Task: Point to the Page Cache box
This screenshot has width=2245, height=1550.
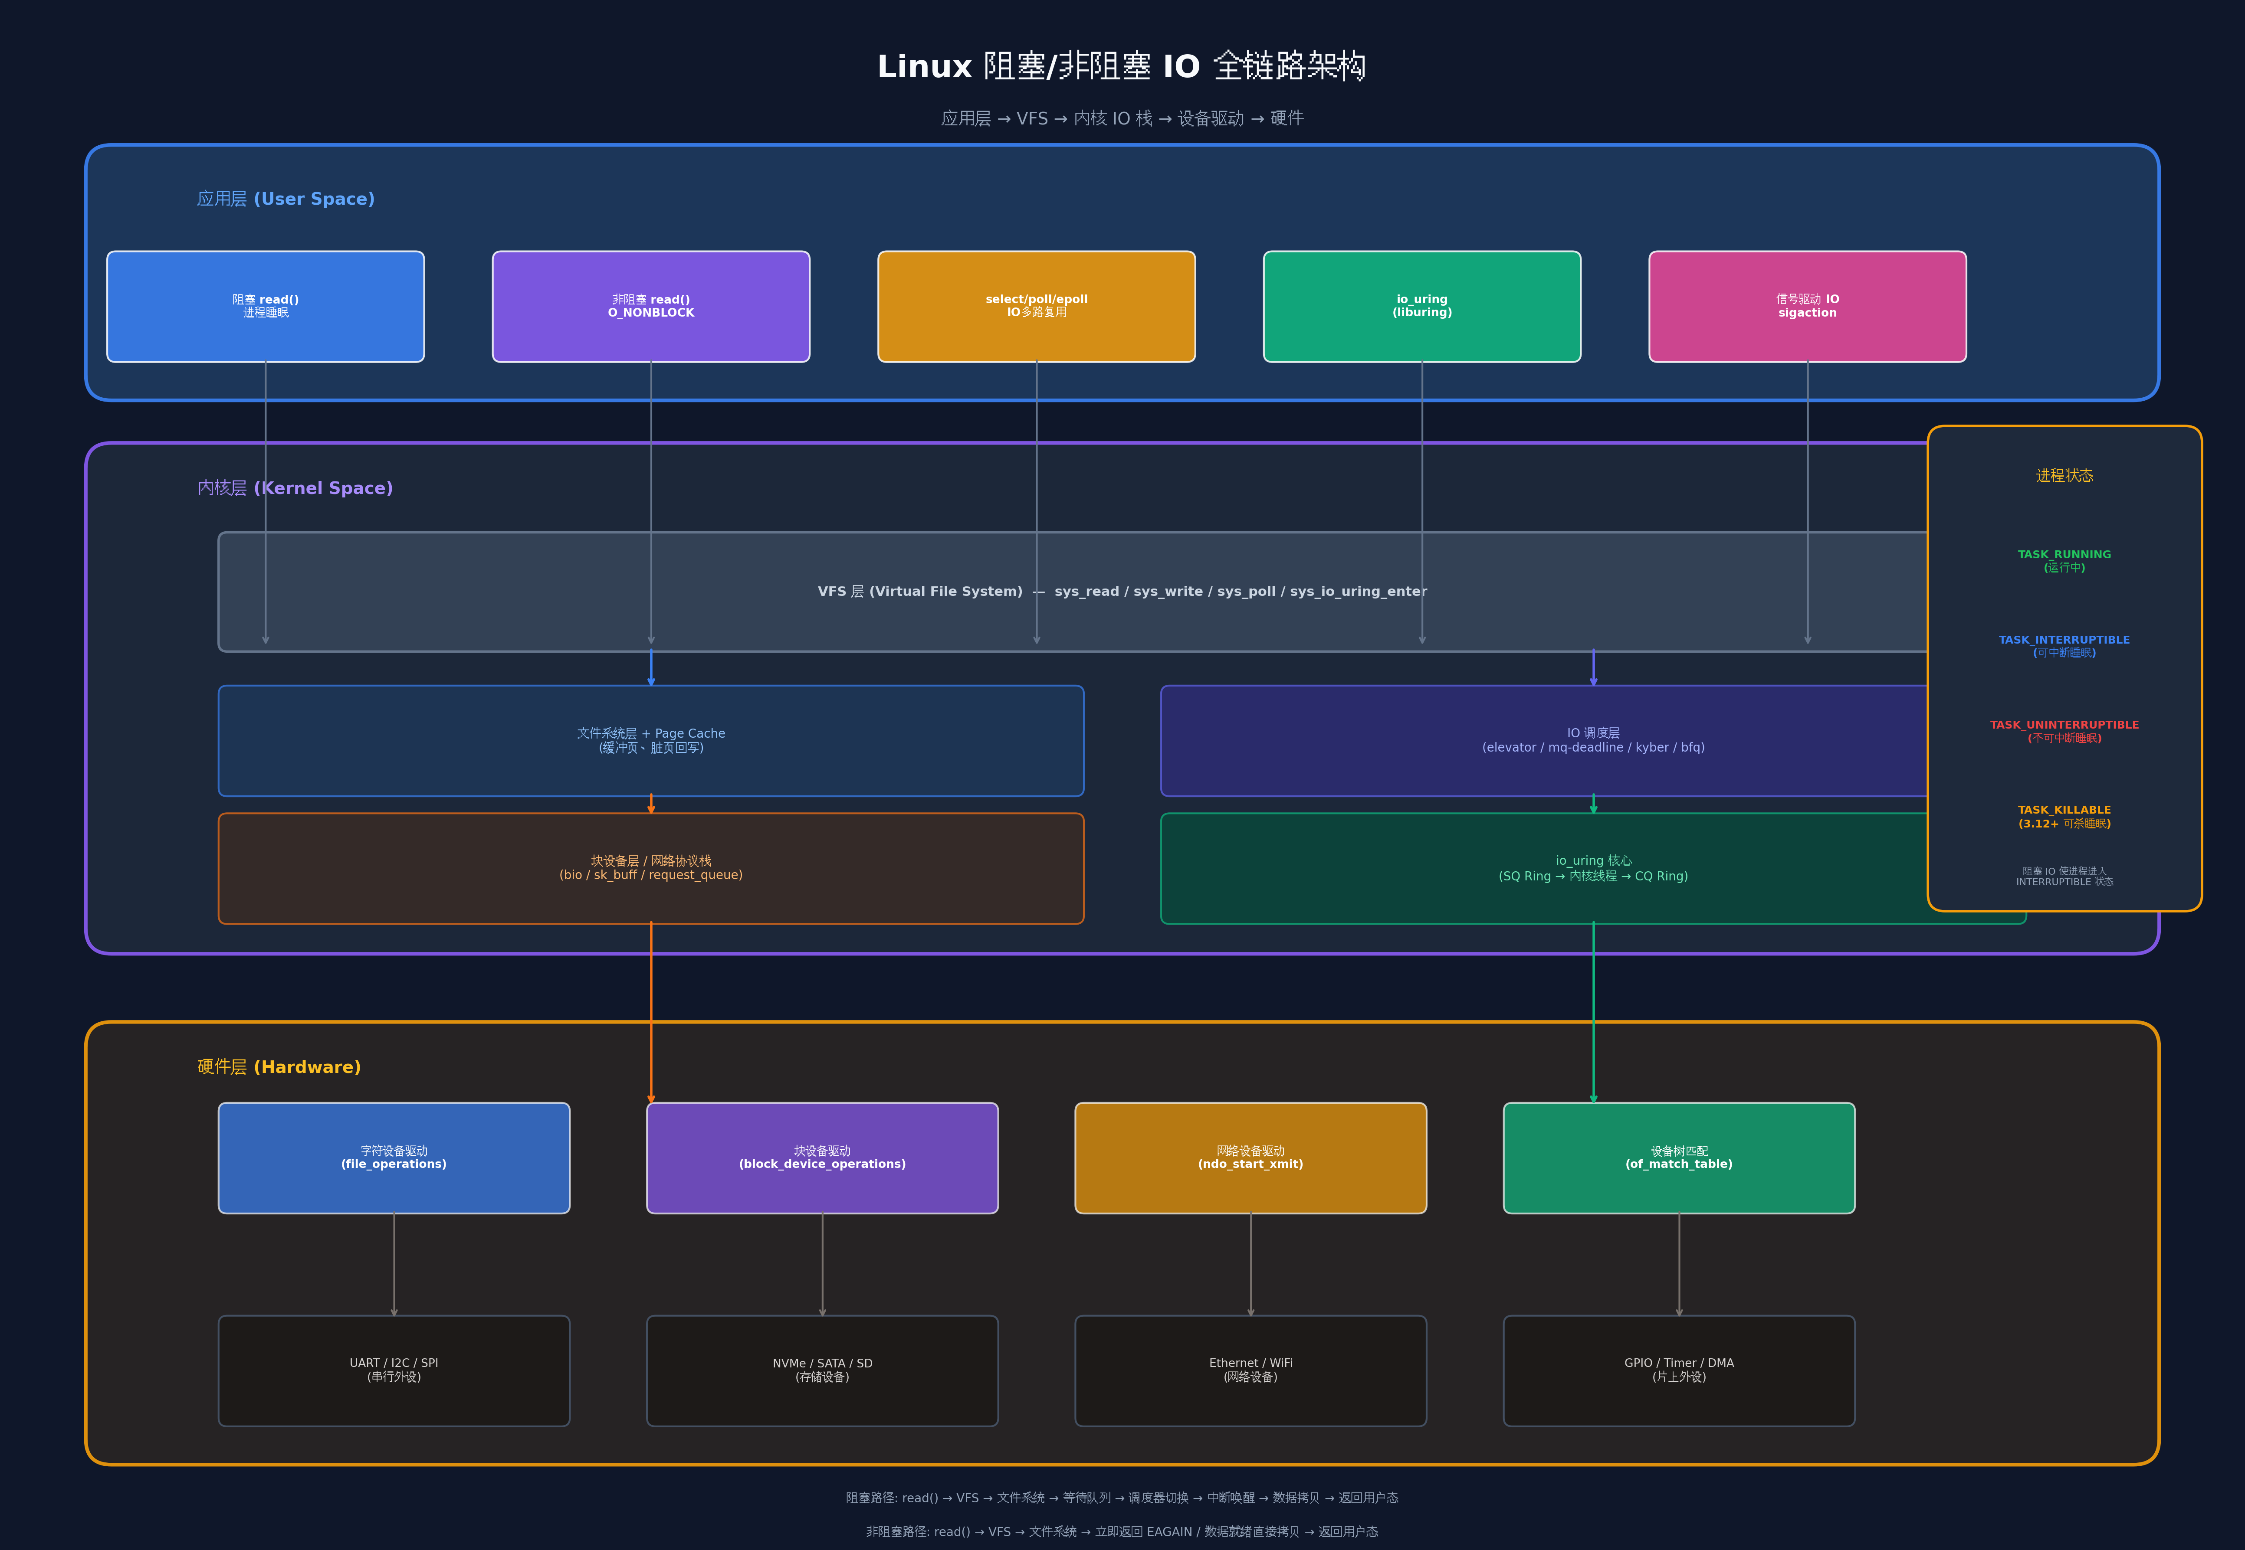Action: pos(651,741)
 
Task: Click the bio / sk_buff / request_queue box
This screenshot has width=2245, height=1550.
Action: pos(651,868)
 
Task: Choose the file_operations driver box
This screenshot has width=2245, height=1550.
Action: pos(394,1158)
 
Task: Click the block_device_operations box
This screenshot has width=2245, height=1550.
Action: pos(823,1158)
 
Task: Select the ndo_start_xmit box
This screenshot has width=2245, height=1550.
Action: pos(1251,1158)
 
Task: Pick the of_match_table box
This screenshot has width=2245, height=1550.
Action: pos(1680,1158)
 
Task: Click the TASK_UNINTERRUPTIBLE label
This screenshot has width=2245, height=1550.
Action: pos(2064,725)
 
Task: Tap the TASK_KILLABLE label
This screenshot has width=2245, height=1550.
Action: pos(2064,810)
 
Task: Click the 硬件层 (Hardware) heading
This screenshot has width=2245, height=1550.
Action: pos(279,1066)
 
